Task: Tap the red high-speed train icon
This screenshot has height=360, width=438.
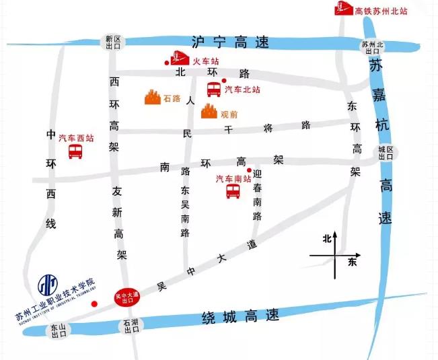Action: (344, 9)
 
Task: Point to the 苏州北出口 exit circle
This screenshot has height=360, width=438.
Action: (371, 47)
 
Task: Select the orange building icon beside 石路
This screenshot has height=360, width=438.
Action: (153, 98)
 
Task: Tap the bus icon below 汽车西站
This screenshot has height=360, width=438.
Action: (75, 151)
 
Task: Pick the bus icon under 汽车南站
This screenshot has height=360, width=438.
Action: (233, 190)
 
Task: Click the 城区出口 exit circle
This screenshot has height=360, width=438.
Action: (386, 153)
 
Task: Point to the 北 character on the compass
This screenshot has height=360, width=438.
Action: (327, 238)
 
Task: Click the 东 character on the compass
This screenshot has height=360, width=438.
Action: (351, 262)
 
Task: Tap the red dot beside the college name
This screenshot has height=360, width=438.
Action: (94, 303)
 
